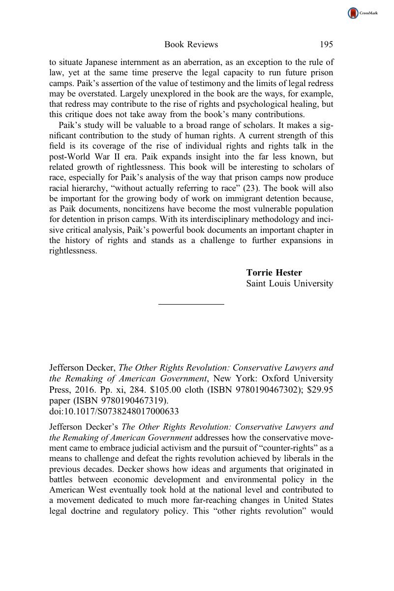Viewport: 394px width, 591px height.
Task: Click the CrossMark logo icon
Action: pos(353,13)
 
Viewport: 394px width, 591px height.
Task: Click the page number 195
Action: pos(326,45)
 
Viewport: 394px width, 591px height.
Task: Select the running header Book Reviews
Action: pos(191,45)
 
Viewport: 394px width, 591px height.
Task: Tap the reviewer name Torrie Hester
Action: pos(274,273)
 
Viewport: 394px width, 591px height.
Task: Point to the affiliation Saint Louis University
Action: pos(289,283)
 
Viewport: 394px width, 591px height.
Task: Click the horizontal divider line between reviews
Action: pos(191,305)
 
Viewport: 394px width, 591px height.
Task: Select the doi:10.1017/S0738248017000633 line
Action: pos(114,411)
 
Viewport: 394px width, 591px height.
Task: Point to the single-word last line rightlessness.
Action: pos(73,251)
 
